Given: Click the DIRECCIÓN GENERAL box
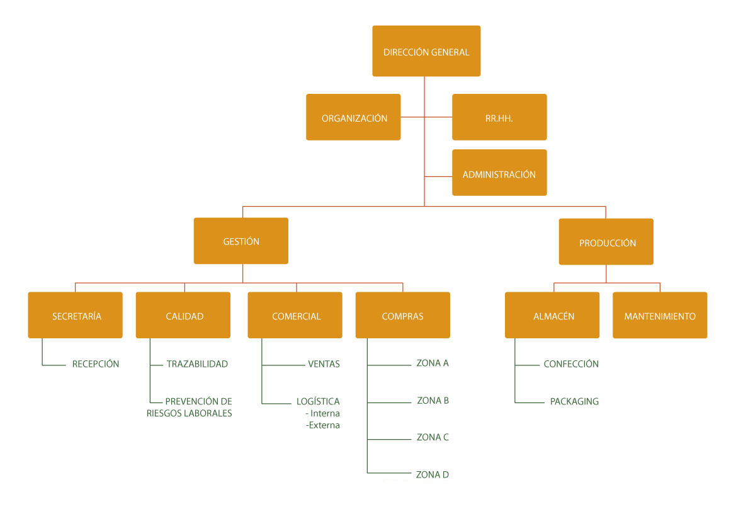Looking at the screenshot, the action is [426, 51].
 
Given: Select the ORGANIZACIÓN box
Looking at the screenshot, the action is [353, 117].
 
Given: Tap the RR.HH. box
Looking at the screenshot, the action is [499, 117].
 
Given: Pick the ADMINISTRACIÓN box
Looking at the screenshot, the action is [499, 173].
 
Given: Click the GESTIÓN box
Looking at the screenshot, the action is [241, 241].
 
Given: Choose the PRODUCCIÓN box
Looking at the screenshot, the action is [606, 241].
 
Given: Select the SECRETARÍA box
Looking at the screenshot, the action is [75, 315].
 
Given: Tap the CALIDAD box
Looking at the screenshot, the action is [183, 315].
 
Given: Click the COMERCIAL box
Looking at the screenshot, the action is [295, 315].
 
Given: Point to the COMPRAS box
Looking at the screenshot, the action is [403, 315].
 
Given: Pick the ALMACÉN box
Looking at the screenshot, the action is [552, 315].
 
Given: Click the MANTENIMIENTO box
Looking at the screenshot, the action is [660, 315].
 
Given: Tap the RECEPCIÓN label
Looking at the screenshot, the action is [96, 364].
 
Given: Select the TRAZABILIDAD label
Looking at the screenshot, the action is [197, 364].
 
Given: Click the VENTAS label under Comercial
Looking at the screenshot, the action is [324, 364].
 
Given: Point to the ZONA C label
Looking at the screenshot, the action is [433, 437].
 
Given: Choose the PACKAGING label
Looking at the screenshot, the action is [575, 402].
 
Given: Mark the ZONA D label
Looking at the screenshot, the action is [433, 475].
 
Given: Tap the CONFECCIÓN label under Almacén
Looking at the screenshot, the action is [571, 364].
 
